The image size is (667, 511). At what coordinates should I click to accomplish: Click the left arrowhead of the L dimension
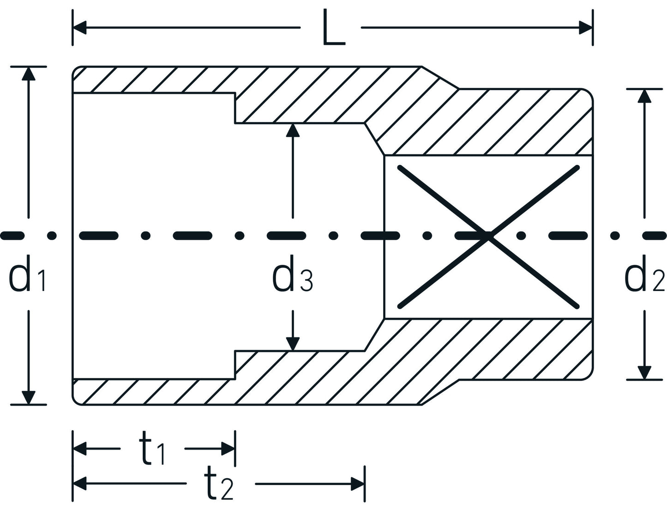(x=79, y=28)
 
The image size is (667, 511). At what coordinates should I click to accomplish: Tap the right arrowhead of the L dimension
(x=586, y=28)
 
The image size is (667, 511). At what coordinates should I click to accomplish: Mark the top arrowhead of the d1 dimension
(x=29, y=73)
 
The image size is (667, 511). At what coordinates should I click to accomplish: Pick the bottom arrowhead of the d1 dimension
(x=29, y=398)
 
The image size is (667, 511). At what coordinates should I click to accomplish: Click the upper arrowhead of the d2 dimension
(x=644, y=96)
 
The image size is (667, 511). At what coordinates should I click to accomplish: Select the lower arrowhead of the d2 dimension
(x=644, y=373)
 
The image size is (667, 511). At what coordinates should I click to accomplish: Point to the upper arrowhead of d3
(x=293, y=130)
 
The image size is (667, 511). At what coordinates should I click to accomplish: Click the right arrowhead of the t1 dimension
(x=228, y=448)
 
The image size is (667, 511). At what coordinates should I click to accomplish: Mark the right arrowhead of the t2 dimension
(x=358, y=484)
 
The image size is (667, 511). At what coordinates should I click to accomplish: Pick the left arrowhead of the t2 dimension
(x=80, y=484)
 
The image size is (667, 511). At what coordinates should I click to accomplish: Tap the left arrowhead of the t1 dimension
(x=80, y=448)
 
